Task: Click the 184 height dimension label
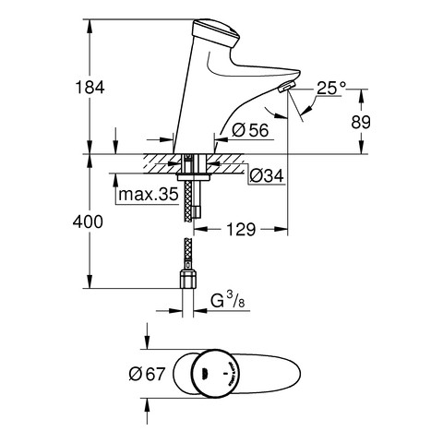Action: click(x=90, y=87)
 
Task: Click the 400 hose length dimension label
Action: click(x=88, y=221)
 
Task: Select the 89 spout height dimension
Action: click(x=361, y=122)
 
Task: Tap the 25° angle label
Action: click(x=331, y=88)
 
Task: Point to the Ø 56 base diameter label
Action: click(x=250, y=130)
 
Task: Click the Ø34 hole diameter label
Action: click(x=267, y=176)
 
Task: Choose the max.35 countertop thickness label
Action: click(x=149, y=195)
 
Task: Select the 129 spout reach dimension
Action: click(x=241, y=229)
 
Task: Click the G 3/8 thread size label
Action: click(x=228, y=300)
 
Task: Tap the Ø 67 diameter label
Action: click(x=147, y=374)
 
